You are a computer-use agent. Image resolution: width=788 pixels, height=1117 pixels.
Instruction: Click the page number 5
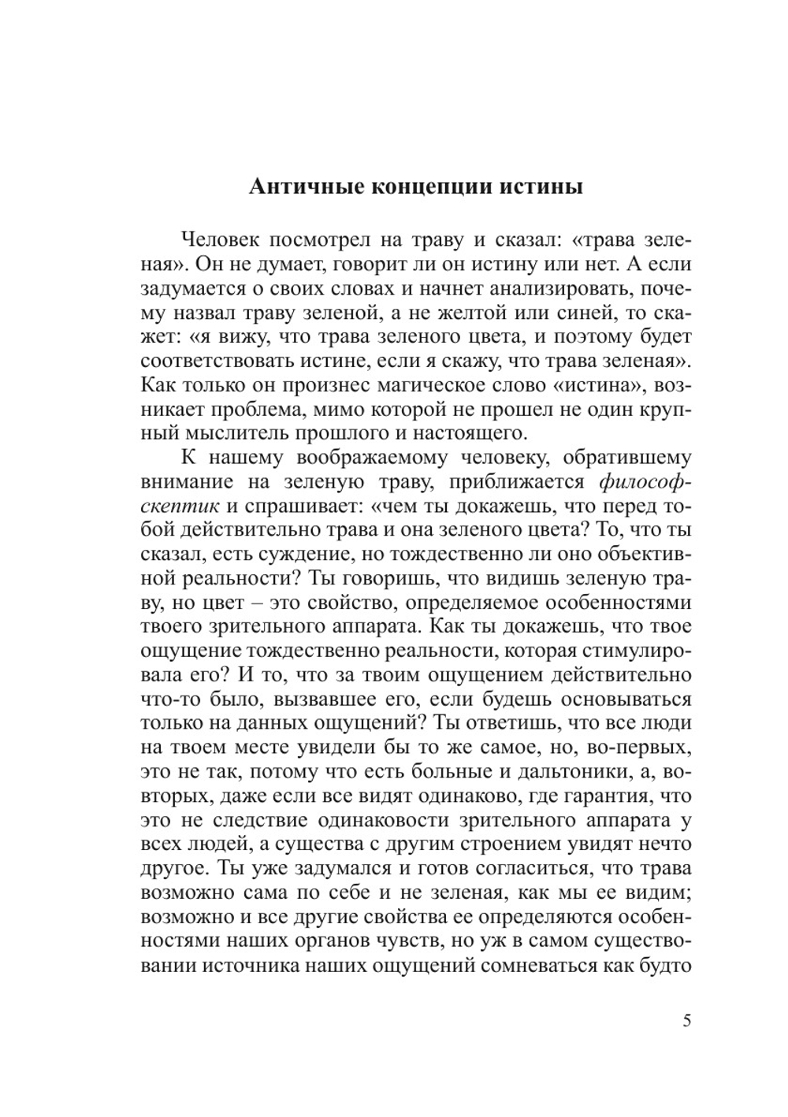click(686, 1021)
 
